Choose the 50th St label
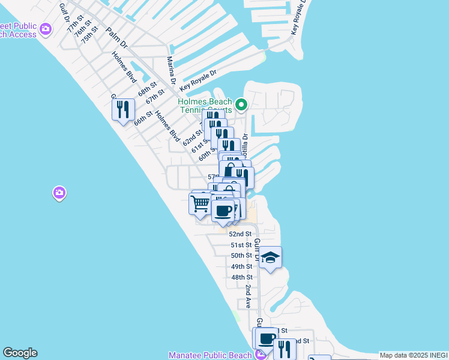pyautogui.click(x=241, y=256)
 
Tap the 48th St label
pyautogui.click(x=241, y=277)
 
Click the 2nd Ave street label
pyautogui.click(x=248, y=296)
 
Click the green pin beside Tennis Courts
pyautogui.click(x=241, y=106)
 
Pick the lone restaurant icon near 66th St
pyautogui.click(x=123, y=109)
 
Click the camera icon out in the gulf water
pyautogui.click(x=59, y=193)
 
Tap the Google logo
pyautogui.click(x=20, y=353)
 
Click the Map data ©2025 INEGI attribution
pyautogui.click(x=413, y=355)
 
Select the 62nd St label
pyautogui.click(x=193, y=137)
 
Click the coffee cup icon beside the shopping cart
pyautogui.click(x=223, y=211)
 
